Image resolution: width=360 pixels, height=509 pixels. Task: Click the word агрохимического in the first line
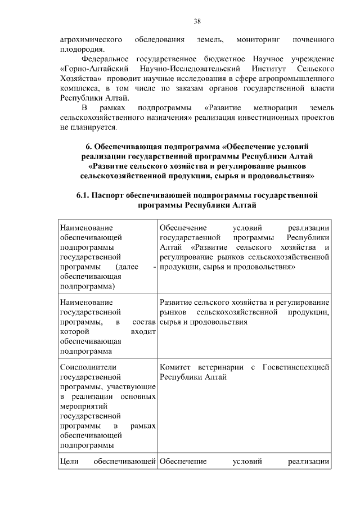(91, 40)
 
